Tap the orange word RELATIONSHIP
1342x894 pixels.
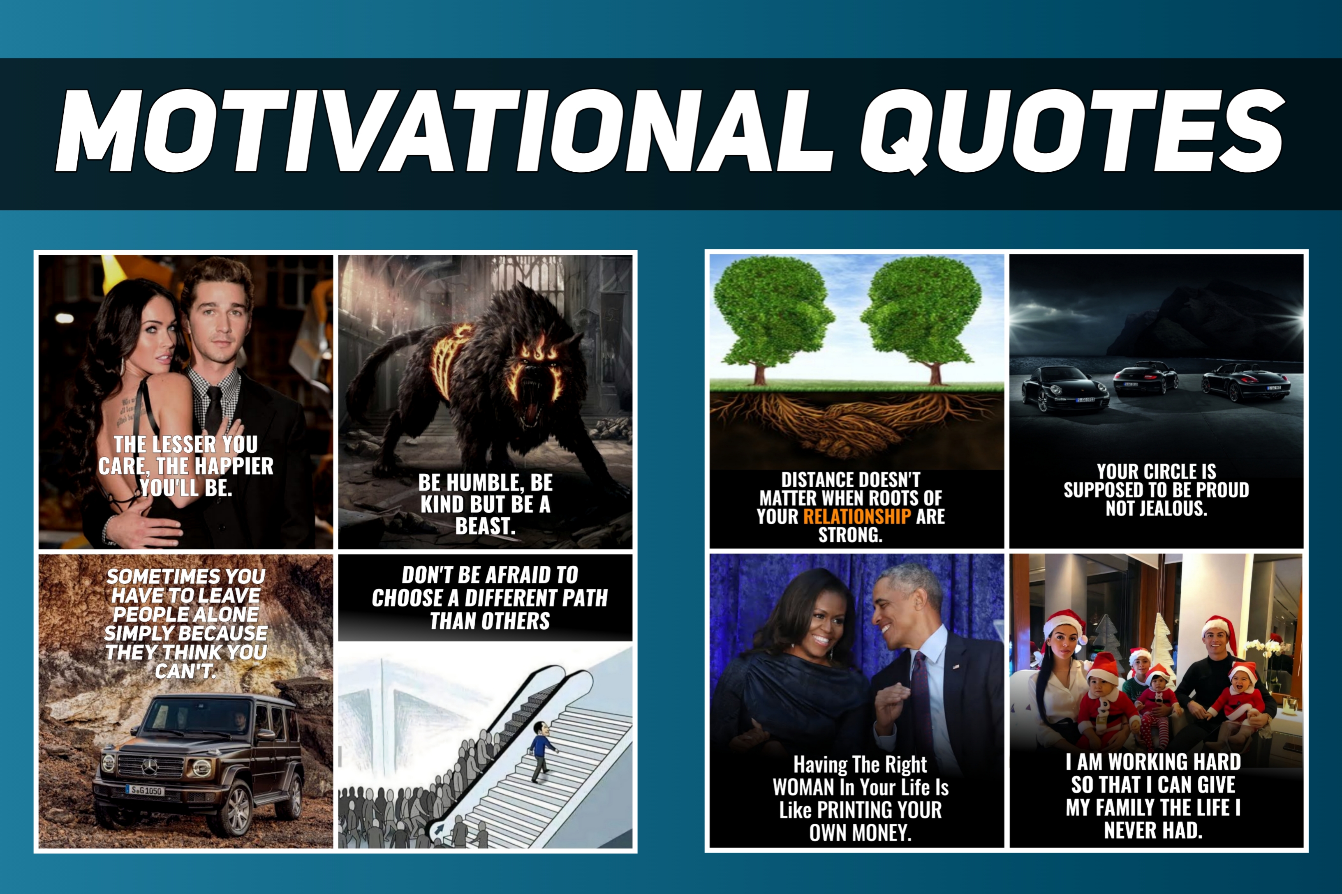click(x=856, y=516)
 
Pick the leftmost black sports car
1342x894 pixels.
click(x=1065, y=390)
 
